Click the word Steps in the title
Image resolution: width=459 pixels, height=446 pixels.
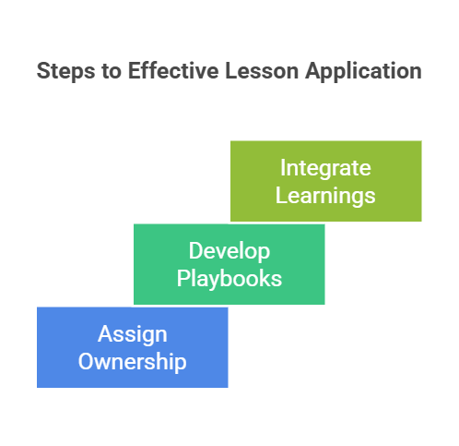click(x=65, y=71)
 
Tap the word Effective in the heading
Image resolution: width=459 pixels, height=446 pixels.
click(x=173, y=71)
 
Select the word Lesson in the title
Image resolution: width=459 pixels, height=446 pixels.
click(x=262, y=71)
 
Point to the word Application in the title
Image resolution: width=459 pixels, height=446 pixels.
click(x=363, y=71)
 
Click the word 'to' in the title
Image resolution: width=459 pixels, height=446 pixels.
click(x=112, y=72)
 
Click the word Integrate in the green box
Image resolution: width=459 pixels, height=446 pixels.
click(x=325, y=169)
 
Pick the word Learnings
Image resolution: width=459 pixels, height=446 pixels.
click(x=325, y=196)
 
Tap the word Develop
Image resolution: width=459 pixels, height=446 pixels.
click(x=229, y=251)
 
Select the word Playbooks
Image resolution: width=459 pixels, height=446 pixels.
click(x=229, y=278)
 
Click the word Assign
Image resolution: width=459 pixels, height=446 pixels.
click(x=133, y=334)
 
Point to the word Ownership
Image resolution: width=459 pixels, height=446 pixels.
click(x=133, y=361)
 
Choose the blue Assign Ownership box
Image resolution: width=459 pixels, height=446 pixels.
click(x=133, y=347)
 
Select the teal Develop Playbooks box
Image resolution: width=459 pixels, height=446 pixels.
click(x=229, y=264)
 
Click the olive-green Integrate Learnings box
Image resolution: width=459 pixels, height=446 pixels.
click(x=326, y=181)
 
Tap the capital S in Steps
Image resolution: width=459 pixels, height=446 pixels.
click(x=43, y=71)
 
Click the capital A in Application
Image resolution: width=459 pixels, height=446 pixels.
click(x=312, y=71)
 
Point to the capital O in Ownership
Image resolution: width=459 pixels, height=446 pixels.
click(x=86, y=361)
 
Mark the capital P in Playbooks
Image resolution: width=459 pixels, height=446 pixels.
click(x=182, y=278)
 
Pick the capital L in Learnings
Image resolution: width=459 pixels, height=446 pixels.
click(x=281, y=195)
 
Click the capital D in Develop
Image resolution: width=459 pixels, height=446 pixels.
click(x=195, y=251)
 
